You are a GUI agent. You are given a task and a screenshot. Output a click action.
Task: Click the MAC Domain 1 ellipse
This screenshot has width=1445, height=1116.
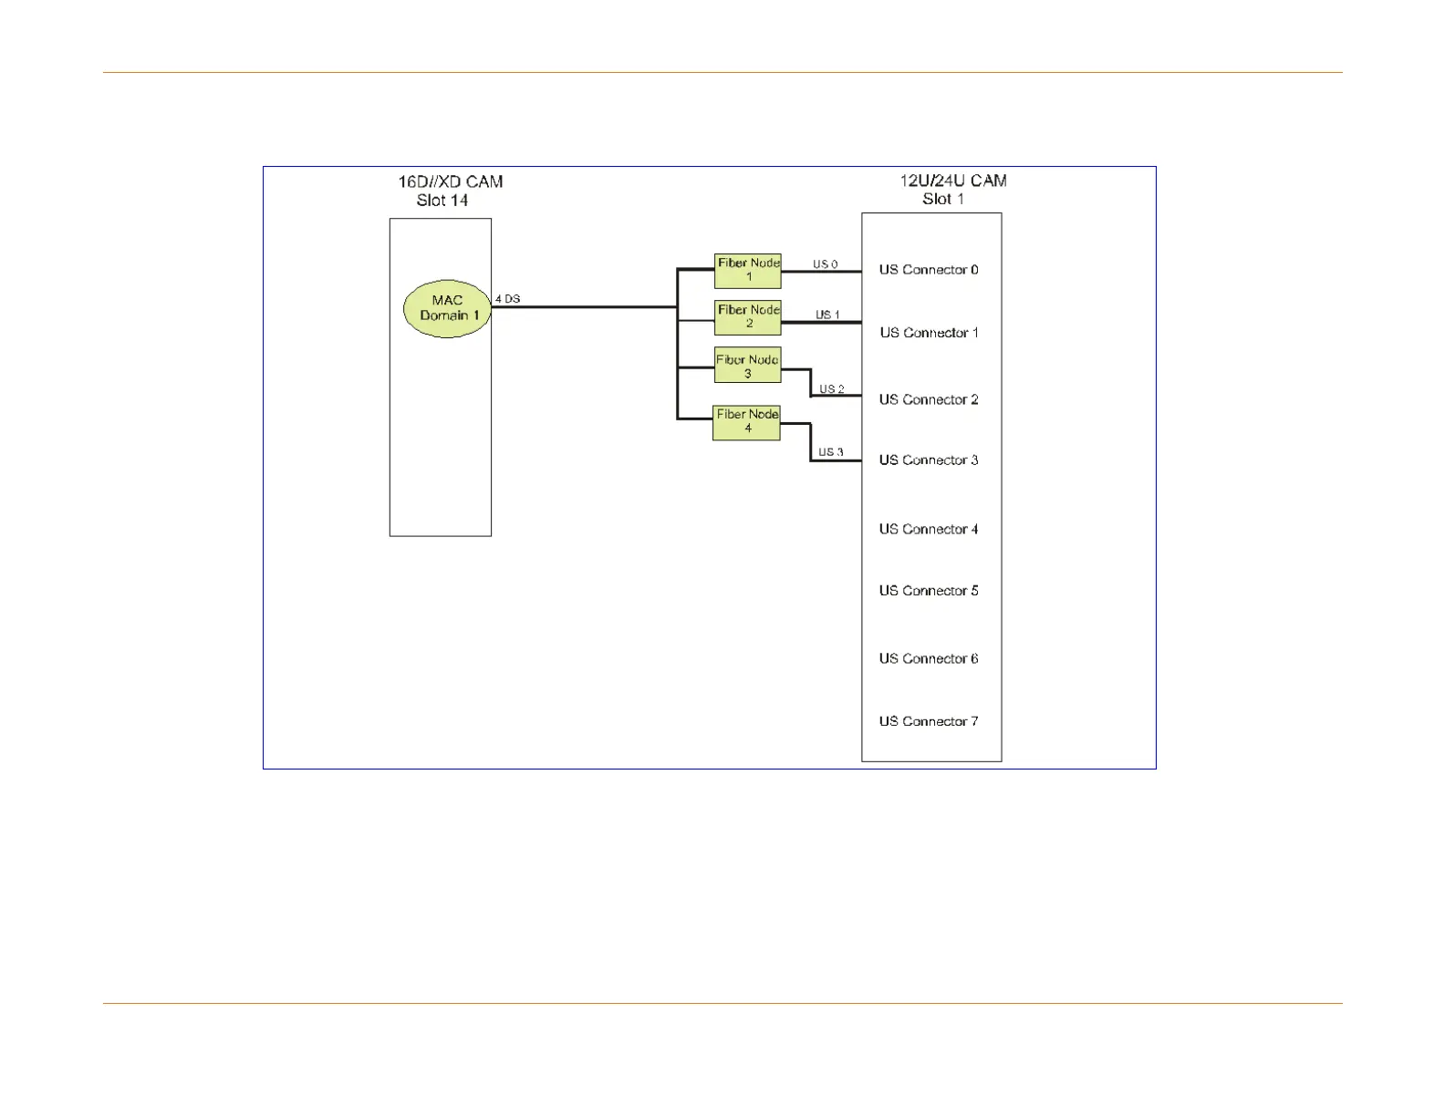click(448, 308)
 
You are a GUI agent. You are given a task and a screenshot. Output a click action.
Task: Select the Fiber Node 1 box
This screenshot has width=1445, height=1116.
click(748, 270)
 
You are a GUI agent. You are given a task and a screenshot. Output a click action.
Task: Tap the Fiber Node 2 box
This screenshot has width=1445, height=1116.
click(748, 317)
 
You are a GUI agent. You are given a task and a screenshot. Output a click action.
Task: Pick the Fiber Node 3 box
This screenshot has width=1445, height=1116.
click(747, 366)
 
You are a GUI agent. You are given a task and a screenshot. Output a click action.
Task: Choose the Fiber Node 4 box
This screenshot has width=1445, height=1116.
click(746, 421)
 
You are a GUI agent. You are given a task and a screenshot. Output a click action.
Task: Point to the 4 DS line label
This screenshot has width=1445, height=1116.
click(508, 299)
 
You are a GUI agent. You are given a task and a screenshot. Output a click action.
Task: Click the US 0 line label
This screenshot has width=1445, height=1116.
click(826, 264)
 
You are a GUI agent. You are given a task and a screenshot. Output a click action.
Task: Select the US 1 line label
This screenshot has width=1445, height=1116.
click(827, 315)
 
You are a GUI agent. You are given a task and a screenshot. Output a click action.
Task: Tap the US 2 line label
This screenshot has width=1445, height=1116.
click(831, 389)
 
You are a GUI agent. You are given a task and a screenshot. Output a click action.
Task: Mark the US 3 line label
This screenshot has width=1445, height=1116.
click(830, 452)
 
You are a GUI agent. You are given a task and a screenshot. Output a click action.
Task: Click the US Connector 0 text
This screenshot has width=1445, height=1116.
click(929, 270)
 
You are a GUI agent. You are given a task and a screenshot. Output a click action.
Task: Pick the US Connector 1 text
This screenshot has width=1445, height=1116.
click(929, 333)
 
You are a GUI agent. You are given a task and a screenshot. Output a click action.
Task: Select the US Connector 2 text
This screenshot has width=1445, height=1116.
click(929, 399)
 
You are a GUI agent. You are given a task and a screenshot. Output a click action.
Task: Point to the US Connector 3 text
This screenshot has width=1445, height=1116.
click(929, 460)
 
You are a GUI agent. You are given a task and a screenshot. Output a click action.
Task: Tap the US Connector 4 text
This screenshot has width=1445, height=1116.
click(929, 529)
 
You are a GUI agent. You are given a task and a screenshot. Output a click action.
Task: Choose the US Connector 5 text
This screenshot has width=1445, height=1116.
click(929, 591)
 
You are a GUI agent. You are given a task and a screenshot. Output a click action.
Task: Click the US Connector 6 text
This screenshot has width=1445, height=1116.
click(929, 658)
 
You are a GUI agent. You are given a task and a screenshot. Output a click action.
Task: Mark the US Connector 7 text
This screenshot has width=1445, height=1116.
click(929, 721)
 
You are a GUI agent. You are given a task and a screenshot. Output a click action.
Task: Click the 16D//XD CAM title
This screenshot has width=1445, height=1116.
click(450, 181)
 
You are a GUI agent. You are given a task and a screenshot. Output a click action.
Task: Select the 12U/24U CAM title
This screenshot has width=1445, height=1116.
click(953, 181)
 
